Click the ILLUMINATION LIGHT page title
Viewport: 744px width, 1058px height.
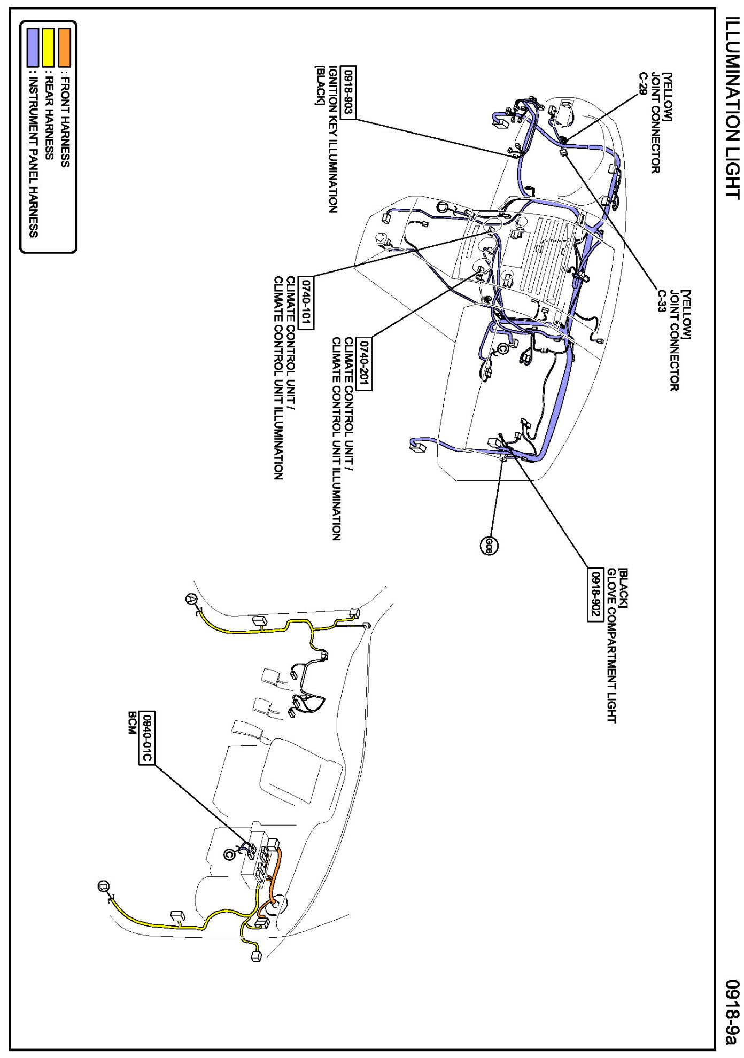pyautogui.click(x=732, y=115)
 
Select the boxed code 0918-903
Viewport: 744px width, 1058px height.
pyautogui.click(x=348, y=92)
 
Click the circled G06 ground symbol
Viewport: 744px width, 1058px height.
pyautogui.click(x=489, y=544)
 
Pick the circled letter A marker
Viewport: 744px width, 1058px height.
pyautogui.click(x=190, y=600)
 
